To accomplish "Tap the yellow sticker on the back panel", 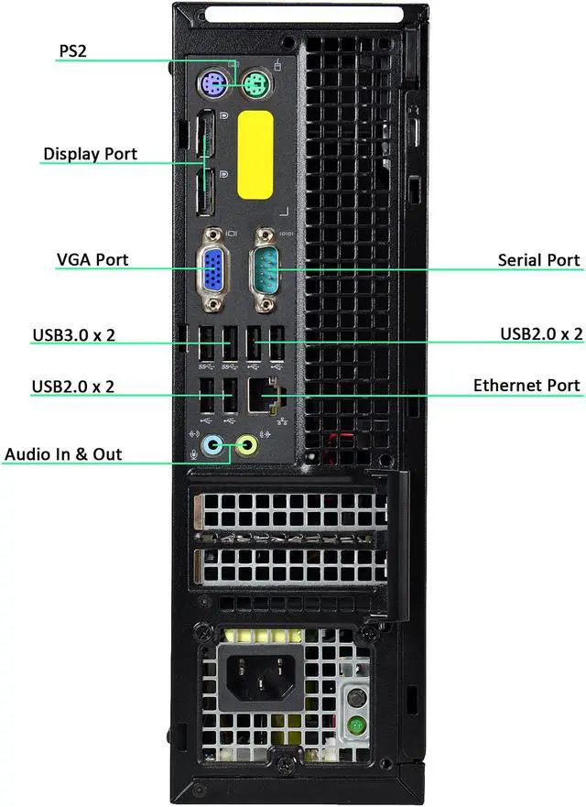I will click(255, 154).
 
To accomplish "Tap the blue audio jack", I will click(212, 446).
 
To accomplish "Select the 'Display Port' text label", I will click(90, 154).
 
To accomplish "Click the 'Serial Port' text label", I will click(538, 260).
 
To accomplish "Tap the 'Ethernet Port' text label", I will click(526, 385).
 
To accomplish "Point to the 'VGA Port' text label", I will click(92, 260).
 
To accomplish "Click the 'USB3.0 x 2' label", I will click(73, 334).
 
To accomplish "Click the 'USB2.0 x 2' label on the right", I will click(541, 333).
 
